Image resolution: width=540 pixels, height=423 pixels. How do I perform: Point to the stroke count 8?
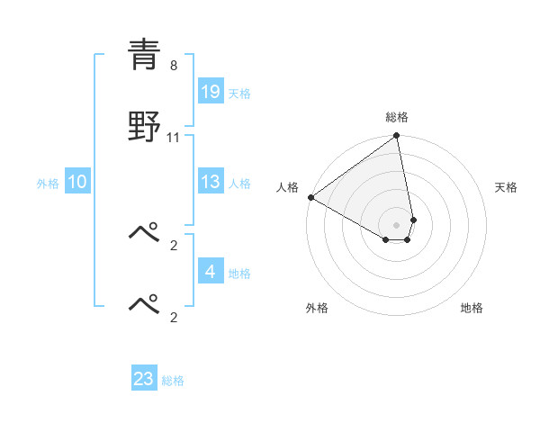click(x=173, y=66)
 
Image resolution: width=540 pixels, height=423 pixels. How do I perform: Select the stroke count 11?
click(x=174, y=138)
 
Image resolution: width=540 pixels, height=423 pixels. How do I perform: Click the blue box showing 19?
click(x=211, y=92)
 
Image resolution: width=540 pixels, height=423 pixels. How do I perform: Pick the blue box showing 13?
click(x=211, y=182)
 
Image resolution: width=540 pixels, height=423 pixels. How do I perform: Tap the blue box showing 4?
click(x=211, y=272)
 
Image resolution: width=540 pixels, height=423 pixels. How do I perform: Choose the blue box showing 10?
click(x=77, y=182)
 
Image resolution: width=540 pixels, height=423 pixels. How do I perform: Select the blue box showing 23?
click(x=144, y=379)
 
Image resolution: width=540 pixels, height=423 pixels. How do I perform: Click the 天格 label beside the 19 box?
click(x=239, y=93)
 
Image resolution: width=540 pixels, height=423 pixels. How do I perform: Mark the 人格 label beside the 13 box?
click(x=239, y=183)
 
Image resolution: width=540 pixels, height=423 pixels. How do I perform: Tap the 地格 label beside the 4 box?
click(x=239, y=273)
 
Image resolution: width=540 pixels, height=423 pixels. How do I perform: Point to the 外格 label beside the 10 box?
click(x=48, y=183)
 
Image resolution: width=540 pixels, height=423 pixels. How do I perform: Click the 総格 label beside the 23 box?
click(x=173, y=380)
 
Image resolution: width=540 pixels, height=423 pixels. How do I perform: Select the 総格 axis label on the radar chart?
click(x=397, y=117)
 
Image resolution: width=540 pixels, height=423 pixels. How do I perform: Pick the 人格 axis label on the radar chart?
click(x=287, y=187)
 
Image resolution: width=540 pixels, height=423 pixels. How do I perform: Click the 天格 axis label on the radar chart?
click(x=507, y=187)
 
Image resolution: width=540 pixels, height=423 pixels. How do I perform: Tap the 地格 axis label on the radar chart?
click(x=472, y=308)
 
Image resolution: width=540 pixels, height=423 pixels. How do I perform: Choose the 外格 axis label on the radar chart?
click(x=317, y=308)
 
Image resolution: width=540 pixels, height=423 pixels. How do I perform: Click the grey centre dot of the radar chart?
click(x=397, y=224)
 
